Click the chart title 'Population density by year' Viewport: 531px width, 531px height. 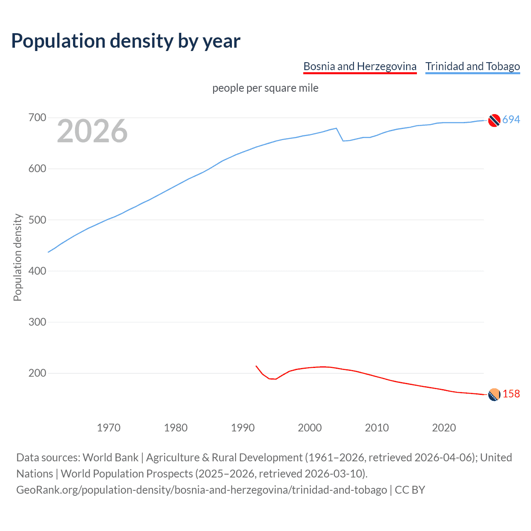[126, 41]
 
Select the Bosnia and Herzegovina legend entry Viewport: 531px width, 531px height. [360, 66]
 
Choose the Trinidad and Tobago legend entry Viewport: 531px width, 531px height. [473, 66]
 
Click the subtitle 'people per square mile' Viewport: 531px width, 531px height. [265, 88]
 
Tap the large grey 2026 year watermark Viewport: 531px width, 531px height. [92, 131]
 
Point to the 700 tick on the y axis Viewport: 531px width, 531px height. [37, 118]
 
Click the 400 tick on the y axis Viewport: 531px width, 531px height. [37, 271]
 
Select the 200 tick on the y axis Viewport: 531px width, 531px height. [37, 373]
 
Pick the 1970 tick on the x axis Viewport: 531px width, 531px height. [109, 427]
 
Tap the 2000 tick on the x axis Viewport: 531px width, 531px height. [310, 427]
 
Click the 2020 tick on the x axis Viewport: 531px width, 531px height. [444, 427]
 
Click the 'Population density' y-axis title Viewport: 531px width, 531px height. [17, 257]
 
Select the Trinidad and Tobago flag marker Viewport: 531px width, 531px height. [494, 120]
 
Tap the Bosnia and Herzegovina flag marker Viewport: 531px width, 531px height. [494, 395]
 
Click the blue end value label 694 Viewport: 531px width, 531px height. [511, 119]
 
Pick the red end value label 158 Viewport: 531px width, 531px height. [511, 394]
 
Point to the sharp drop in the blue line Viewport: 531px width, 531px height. [340, 135]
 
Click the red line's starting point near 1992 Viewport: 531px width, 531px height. [256, 366]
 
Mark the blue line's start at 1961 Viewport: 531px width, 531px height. [49, 252]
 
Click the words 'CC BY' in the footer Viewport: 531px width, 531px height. [410, 490]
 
